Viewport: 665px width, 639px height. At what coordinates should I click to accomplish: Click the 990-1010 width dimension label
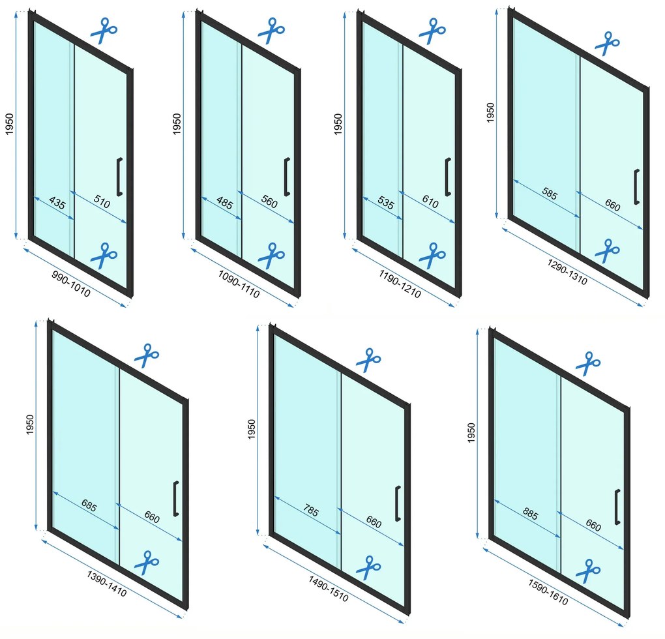point(71,284)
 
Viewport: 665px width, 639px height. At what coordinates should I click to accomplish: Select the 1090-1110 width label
point(239,284)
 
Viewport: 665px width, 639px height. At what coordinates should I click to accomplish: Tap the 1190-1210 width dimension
point(400,284)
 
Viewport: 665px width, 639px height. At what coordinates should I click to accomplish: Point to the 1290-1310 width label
point(567,272)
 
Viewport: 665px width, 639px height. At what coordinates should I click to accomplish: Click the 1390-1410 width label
point(107,584)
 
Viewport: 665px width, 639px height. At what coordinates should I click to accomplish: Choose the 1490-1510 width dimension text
point(328,589)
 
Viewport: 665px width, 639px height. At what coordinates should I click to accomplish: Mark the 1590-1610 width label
point(548,592)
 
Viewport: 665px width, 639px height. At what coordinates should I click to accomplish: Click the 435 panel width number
point(57,203)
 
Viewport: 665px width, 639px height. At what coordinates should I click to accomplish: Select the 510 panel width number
point(102,201)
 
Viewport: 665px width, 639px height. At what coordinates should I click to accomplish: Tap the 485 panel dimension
point(224,203)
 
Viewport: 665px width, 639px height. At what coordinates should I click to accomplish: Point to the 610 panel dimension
point(430,201)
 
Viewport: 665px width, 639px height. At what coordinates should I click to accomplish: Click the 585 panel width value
point(549,194)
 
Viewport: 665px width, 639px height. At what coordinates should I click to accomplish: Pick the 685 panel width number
point(89,506)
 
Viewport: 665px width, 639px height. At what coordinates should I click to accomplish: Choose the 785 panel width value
point(311,510)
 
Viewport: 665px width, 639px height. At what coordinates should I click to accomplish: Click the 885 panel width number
point(530,514)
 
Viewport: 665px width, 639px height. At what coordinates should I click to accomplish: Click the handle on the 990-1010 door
point(119,177)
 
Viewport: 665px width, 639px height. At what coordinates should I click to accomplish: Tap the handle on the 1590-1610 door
point(617,507)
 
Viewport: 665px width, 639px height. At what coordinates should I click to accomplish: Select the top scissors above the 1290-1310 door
point(608,43)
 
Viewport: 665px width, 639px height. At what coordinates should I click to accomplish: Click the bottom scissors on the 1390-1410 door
point(146,563)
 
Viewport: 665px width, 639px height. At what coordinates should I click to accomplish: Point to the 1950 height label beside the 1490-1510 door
point(252,429)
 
